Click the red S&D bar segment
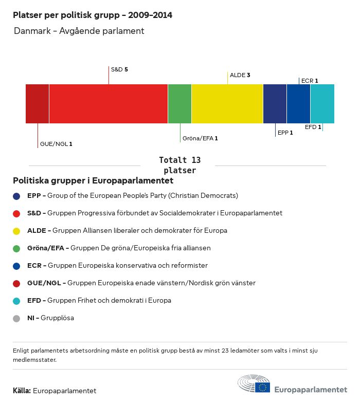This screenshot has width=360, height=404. pos(109,104)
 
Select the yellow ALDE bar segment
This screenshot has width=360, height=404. pos(227,104)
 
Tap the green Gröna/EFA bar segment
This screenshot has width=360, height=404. pos(179,104)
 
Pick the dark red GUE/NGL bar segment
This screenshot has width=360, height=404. pos(37,104)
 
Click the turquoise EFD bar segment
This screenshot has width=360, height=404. pos(322,104)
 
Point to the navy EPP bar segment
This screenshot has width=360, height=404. pos(275,104)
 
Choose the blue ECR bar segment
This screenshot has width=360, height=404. pos(298,104)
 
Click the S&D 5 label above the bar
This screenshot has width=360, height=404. pos(119,69)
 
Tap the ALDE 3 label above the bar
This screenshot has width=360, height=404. pos(240,75)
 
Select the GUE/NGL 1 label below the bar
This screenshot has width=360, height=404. pos(56,144)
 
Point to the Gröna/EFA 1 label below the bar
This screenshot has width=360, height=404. pos(200,138)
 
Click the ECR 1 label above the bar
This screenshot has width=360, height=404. pos(310,81)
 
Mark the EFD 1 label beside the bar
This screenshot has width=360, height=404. pos(313,127)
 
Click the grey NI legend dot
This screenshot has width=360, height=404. pos(16,318)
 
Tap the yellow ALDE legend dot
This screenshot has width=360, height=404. pos(16,231)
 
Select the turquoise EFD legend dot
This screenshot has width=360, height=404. pos(16,301)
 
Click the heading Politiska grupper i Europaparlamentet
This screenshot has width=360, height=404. pos(93,181)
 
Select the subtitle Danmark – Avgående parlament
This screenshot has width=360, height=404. pos(79,31)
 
